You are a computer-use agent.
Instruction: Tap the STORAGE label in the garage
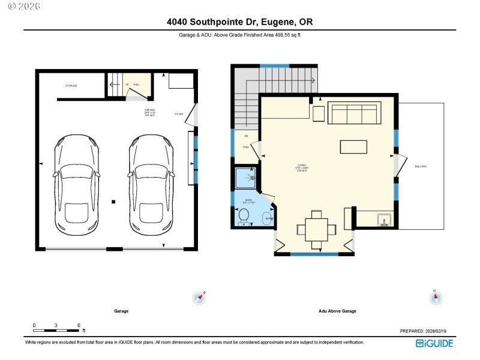pos(71,86)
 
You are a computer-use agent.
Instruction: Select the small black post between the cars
pos(113,202)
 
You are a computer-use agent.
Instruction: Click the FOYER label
pos(179,114)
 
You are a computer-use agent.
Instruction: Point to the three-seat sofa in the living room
pos(354,113)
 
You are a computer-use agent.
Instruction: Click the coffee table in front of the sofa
pos(353,147)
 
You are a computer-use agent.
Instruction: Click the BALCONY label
pos(419,166)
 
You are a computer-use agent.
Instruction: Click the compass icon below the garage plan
pos(199,297)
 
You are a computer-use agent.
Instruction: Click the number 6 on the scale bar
pos(79,325)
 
